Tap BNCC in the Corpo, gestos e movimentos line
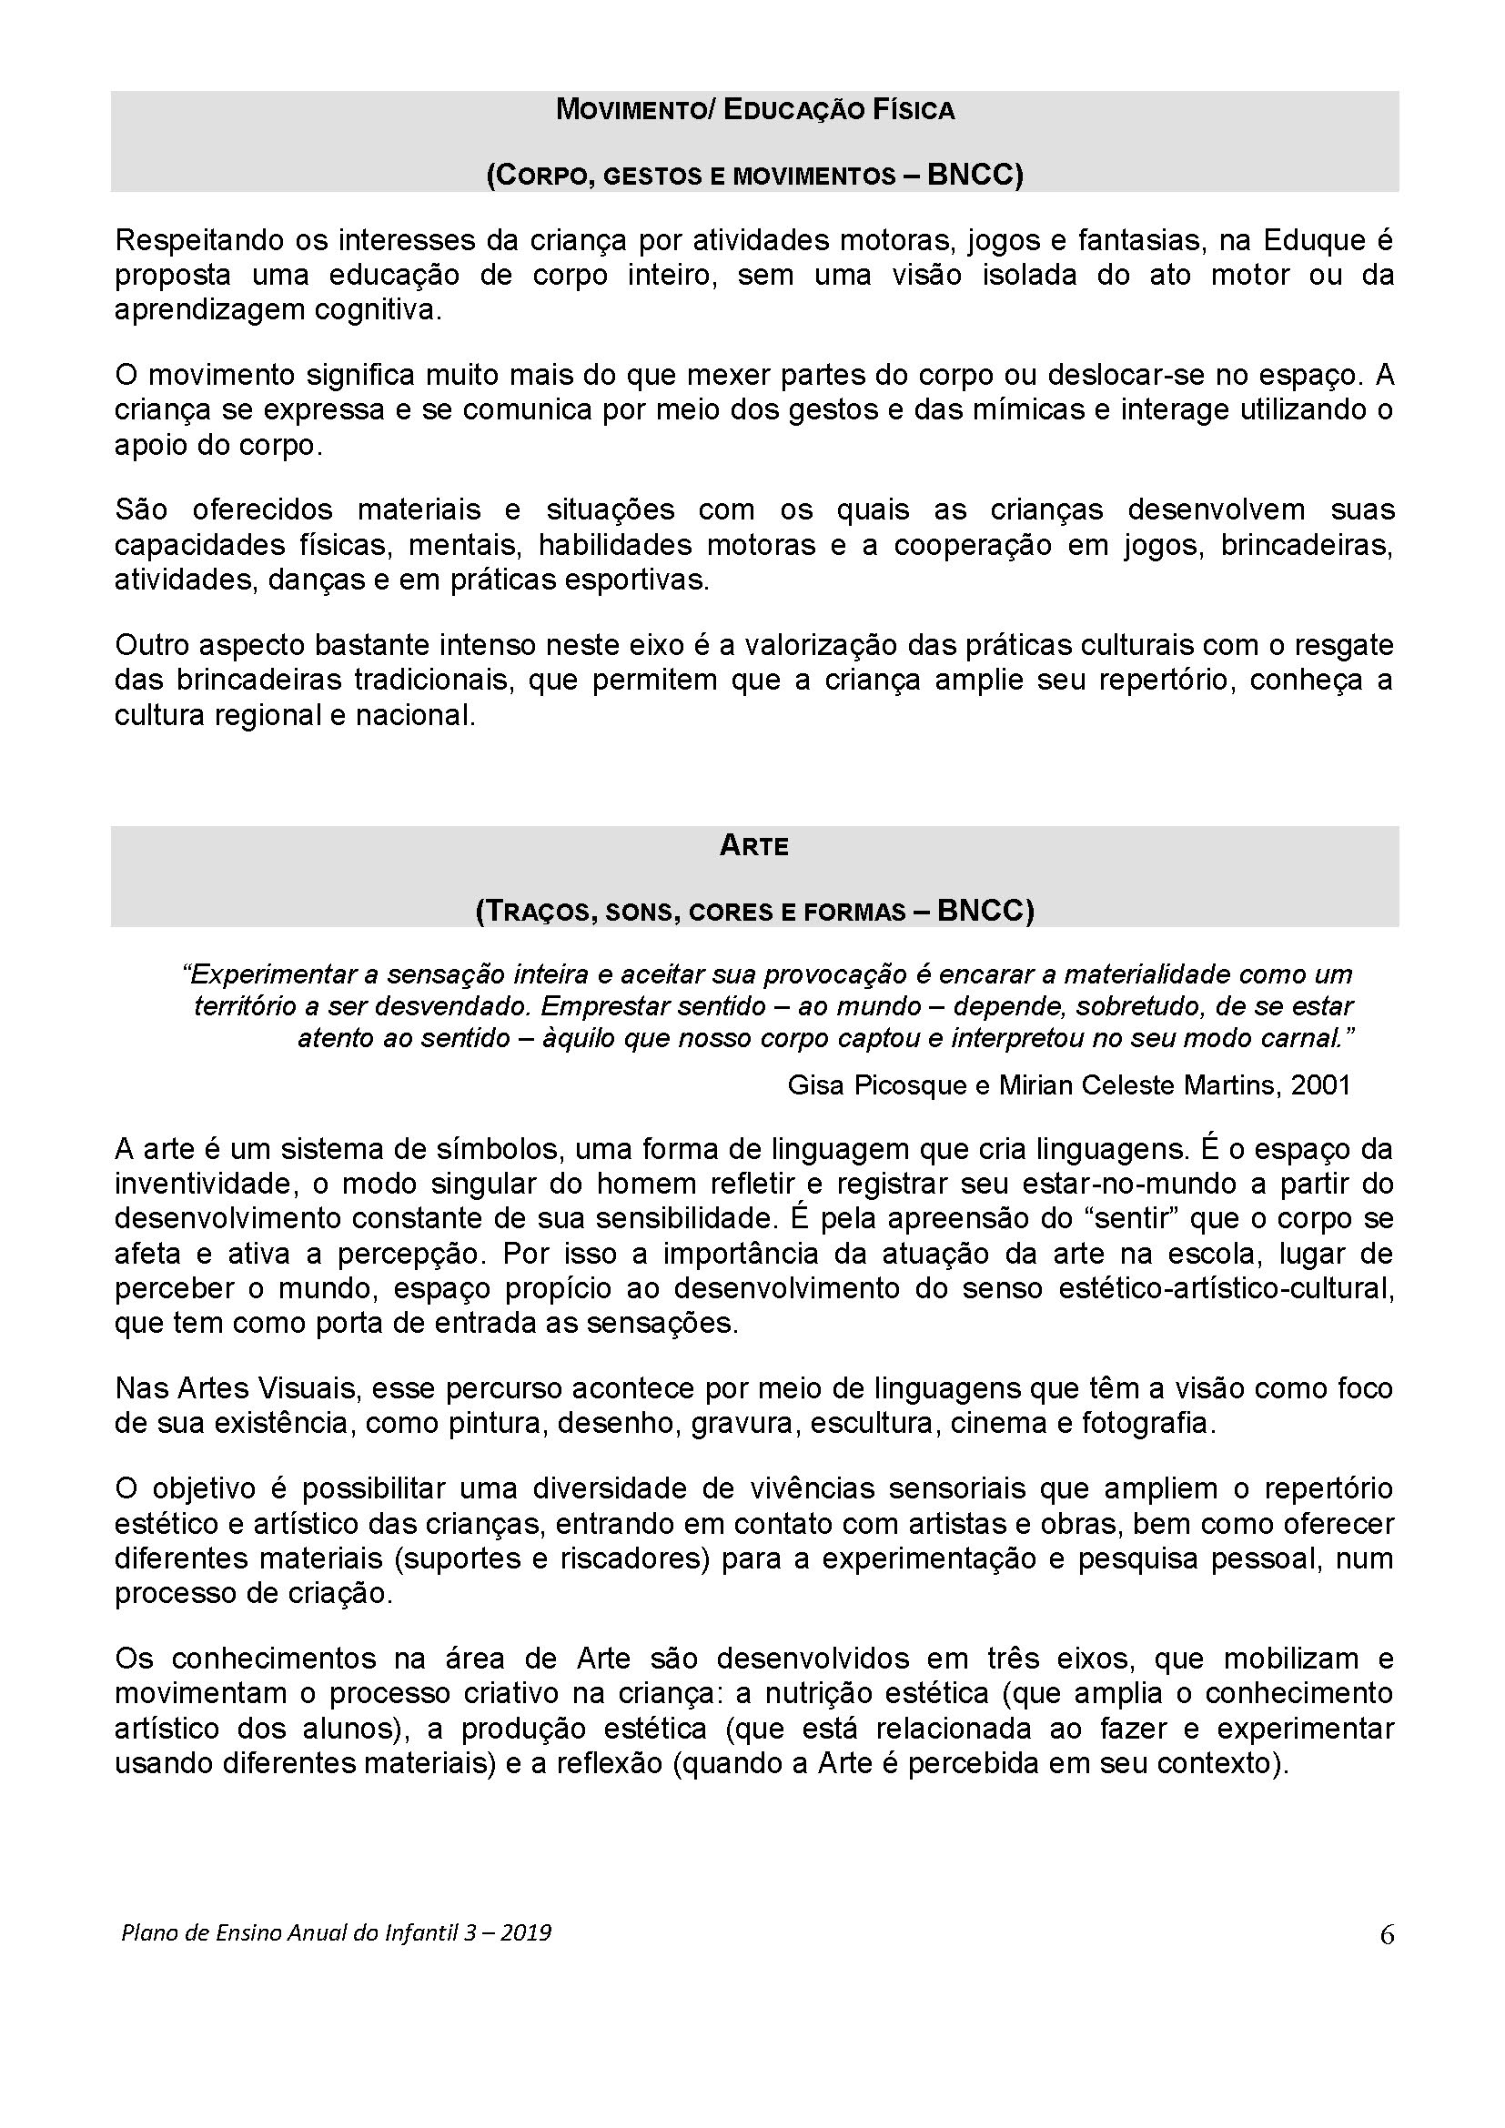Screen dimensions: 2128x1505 [x=970, y=176]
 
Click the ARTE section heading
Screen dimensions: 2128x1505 [x=753, y=846]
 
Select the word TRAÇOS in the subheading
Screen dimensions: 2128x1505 [x=536, y=912]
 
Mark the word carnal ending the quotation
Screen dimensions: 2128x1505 [x=1309, y=1038]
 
